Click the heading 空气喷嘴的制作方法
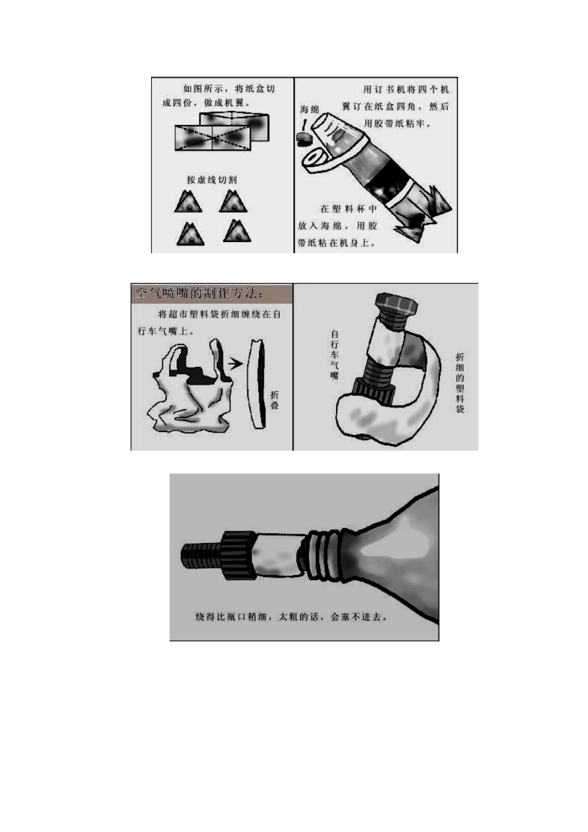pos(199,293)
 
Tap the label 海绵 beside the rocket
pos(309,110)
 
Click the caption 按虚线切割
pos(212,180)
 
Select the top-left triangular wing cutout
pos(188,202)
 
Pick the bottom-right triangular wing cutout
pos(236,231)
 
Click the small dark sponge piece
pos(303,138)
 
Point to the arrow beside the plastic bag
pos(235,363)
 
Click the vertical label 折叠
pos(274,400)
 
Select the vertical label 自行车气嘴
pos(334,355)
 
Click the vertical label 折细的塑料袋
pos(460,383)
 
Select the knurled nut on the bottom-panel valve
pos(238,555)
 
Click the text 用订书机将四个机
pos(406,89)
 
